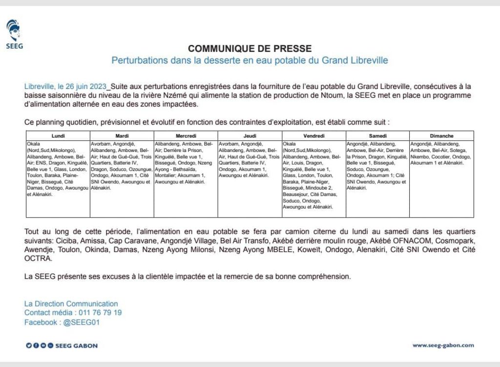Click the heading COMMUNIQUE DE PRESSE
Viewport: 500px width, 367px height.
coord(250,48)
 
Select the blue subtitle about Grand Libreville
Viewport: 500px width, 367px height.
coord(250,61)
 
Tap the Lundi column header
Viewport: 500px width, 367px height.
coord(58,136)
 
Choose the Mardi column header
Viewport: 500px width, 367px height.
coord(122,136)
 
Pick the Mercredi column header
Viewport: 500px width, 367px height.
coord(186,136)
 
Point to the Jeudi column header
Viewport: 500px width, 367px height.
coord(250,136)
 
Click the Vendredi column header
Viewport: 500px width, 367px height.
coord(313,136)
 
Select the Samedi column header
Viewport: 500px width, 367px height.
coord(377,136)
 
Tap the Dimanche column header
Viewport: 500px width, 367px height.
coord(441,136)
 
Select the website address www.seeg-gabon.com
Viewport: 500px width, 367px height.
coord(443,345)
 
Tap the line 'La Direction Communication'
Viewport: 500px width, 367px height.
coord(71,304)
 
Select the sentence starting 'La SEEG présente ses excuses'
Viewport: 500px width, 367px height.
coord(187,277)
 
